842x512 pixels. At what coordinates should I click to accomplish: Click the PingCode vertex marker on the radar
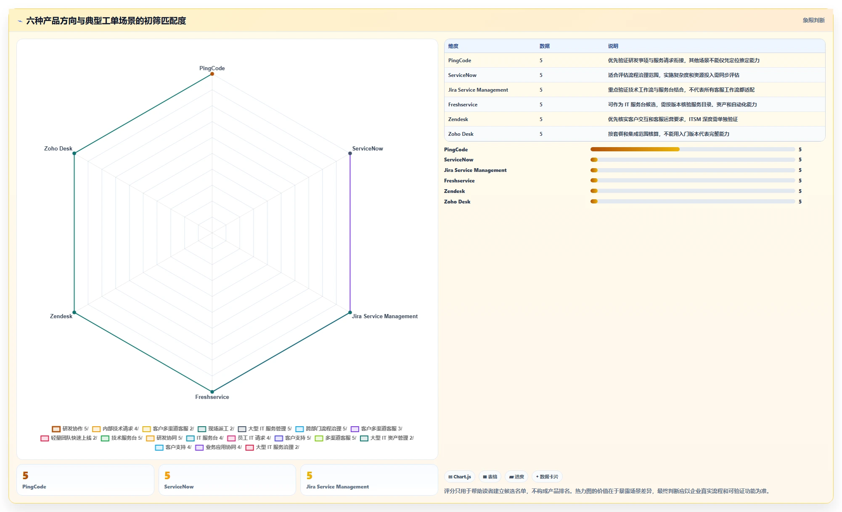click(x=212, y=74)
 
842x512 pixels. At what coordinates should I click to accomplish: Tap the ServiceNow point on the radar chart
click(x=350, y=153)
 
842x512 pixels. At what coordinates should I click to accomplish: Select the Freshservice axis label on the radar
click(x=212, y=397)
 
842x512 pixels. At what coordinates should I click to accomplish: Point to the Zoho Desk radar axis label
click(x=58, y=148)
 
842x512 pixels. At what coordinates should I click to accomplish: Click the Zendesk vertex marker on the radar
click(x=74, y=312)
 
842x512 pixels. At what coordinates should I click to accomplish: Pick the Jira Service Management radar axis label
click(x=385, y=316)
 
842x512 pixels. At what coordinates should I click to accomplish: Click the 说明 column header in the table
click(x=613, y=46)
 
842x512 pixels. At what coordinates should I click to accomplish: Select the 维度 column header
click(x=453, y=46)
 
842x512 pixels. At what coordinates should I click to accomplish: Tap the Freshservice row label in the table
click(x=463, y=105)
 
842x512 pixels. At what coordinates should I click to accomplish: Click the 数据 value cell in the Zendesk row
click(x=541, y=119)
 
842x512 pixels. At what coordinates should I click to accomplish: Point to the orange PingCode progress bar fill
click(x=635, y=149)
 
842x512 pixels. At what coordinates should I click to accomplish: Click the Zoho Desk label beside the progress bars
click(x=457, y=202)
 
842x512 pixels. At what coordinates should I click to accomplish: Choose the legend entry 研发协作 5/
click(x=70, y=429)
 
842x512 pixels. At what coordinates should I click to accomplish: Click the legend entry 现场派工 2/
click(x=216, y=429)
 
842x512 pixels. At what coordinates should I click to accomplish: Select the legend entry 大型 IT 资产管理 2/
click(x=387, y=438)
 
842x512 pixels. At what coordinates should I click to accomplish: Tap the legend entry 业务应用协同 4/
click(x=218, y=447)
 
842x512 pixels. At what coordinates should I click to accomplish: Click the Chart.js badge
click(x=460, y=477)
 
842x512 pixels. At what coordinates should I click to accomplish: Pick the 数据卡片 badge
click(x=547, y=477)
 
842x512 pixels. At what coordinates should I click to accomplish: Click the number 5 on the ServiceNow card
click(x=167, y=475)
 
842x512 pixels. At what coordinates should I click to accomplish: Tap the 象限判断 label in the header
click(x=813, y=20)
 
